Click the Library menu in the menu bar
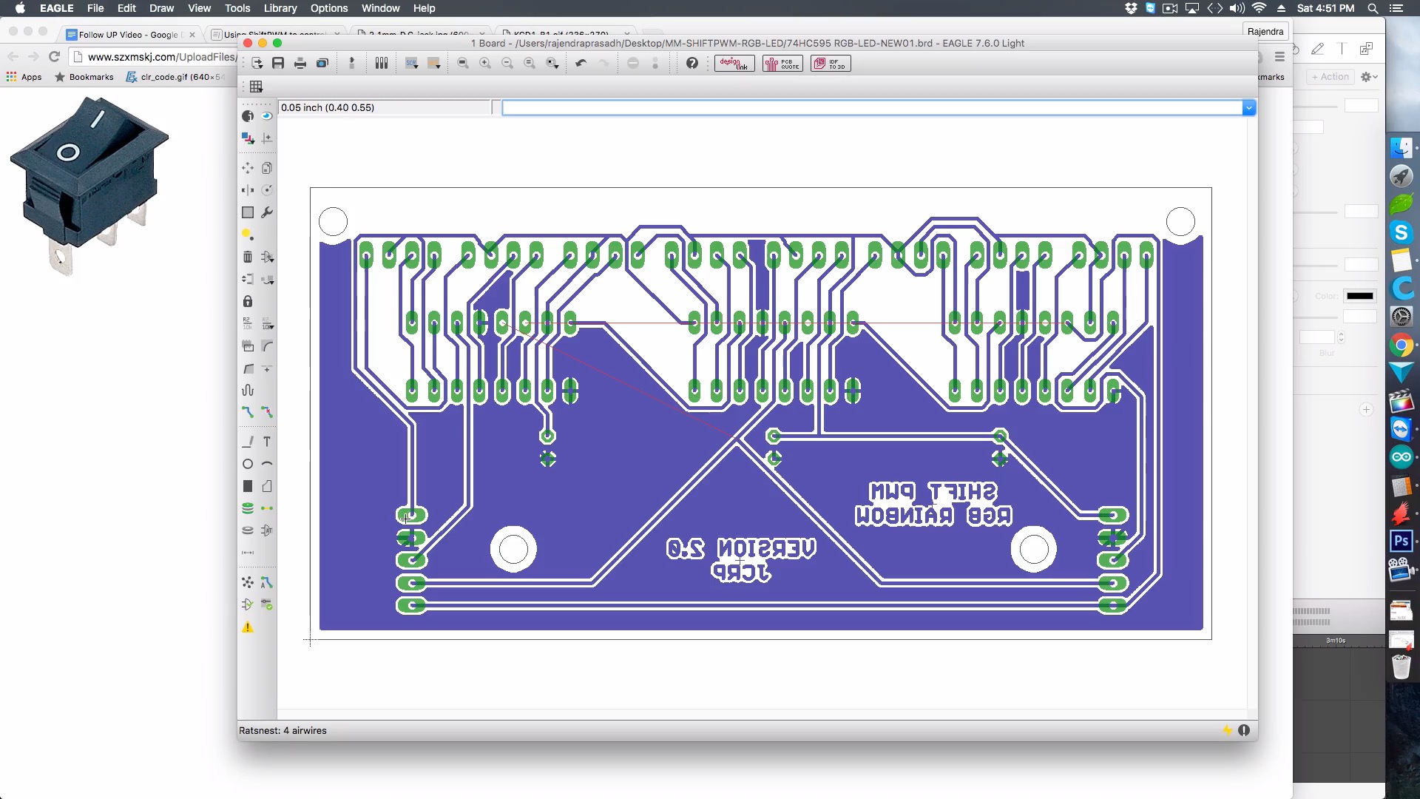(280, 8)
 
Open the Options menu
(328, 8)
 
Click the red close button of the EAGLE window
(248, 43)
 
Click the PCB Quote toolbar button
(782, 64)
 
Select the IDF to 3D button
(831, 64)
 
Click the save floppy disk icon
(278, 64)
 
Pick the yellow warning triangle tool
(248, 627)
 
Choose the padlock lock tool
(248, 301)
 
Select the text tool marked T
(267, 442)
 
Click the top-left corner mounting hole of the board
(333, 221)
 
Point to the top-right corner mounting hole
(1180, 221)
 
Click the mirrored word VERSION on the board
(766, 548)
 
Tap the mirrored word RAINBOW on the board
(904, 516)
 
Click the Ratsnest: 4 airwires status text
(283, 730)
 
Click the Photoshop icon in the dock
(1401, 541)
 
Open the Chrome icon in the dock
(1401, 345)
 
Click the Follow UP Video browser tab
(128, 35)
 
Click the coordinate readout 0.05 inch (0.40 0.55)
(328, 107)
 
